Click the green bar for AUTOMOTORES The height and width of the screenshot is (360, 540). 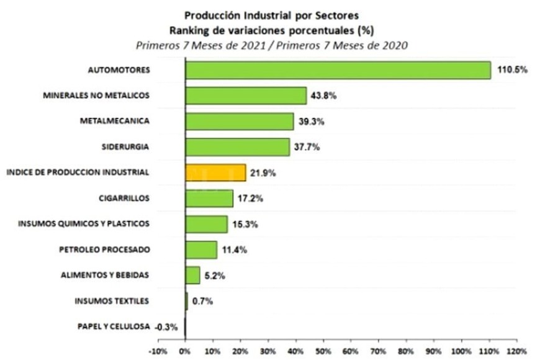(x=338, y=70)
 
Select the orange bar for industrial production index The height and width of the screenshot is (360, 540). (x=215, y=172)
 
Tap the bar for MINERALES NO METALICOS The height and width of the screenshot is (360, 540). (x=246, y=96)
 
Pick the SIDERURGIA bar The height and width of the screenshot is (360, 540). (x=237, y=146)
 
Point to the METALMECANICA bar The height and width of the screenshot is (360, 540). (x=239, y=121)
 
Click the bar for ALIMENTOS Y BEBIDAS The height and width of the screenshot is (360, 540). (x=192, y=274)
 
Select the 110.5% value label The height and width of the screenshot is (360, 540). (x=512, y=70)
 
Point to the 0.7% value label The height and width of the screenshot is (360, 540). (x=202, y=301)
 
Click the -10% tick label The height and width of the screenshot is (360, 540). (x=158, y=351)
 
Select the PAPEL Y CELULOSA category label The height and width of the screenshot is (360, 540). (x=114, y=326)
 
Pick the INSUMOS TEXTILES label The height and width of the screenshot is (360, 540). (x=112, y=301)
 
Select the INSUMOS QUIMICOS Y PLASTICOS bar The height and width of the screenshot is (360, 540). (x=206, y=223)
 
